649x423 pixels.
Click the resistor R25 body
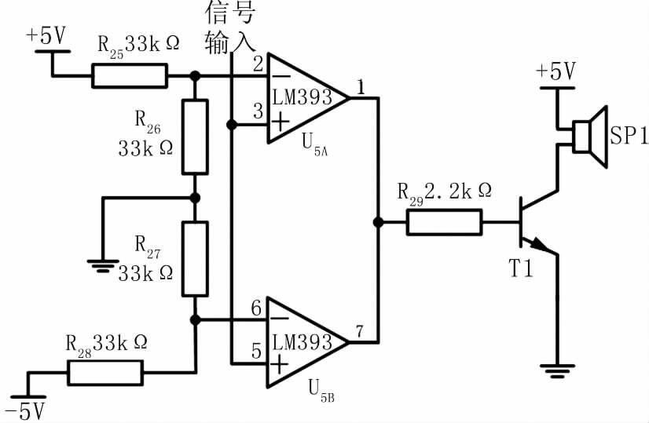(130, 75)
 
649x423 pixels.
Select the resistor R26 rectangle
(195, 137)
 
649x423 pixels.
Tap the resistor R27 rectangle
(195, 259)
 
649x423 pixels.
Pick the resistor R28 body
(105, 373)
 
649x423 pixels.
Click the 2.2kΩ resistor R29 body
(444, 222)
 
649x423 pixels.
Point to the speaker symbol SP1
(590, 137)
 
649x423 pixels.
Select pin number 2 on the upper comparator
(258, 64)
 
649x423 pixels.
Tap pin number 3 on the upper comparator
(258, 111)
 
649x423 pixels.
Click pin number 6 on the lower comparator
(257, 308)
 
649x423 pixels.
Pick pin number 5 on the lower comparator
(257, 351)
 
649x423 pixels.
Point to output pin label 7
(359, 331)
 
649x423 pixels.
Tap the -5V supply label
(26, 411)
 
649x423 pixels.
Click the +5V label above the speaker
(555, 71)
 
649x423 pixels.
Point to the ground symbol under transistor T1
(557, 371)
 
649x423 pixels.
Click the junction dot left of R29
(378, 222)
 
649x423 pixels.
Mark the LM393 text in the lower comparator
(302, 342)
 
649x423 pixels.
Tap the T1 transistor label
(521, 268)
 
